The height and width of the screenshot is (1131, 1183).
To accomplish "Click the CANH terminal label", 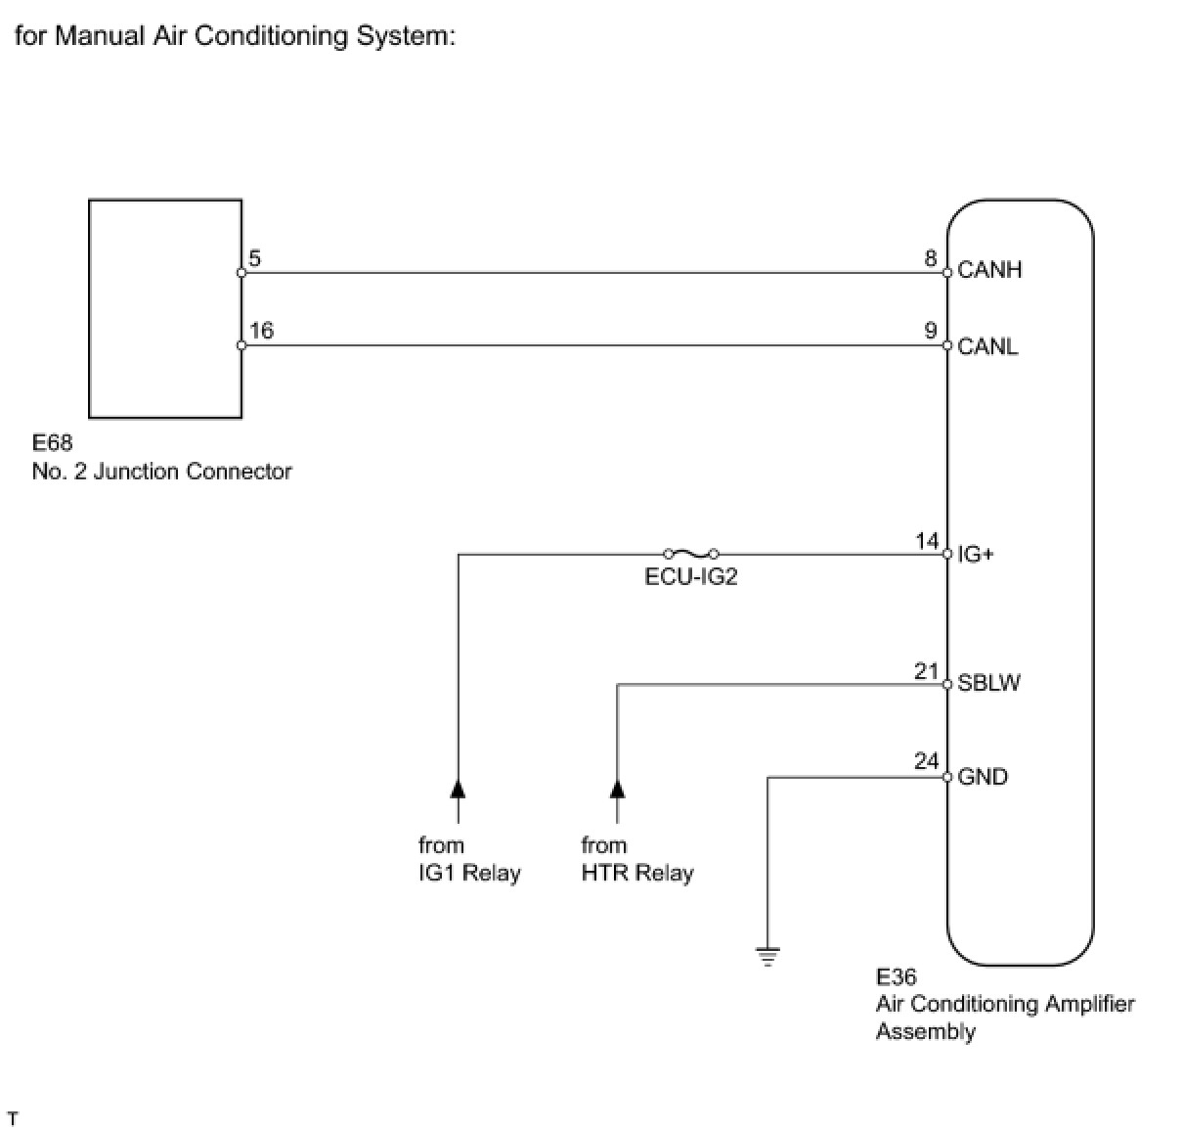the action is point(989,269).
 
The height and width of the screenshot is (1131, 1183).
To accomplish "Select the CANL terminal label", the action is point(986,346).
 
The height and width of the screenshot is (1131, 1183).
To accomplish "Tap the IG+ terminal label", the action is point(975,554).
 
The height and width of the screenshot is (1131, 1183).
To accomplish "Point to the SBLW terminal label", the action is point(988,683).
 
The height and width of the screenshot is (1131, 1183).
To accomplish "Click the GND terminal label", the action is point(983,776).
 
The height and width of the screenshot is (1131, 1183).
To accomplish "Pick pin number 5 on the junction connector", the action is point(255,258).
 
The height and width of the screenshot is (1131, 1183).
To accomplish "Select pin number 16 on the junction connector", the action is point(261,331).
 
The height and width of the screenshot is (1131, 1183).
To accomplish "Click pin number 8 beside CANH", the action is point(930,258).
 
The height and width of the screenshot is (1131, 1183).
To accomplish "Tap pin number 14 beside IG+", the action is point(927,541).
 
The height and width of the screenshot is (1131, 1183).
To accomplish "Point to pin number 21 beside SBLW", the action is point(927,671).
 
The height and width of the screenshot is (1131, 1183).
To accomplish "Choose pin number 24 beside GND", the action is point(927,761).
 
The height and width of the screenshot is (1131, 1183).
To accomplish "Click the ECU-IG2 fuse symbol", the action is point(690,554).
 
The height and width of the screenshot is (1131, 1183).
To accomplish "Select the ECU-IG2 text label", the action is point(690,577).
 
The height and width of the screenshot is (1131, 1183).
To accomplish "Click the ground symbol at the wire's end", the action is point(767,956).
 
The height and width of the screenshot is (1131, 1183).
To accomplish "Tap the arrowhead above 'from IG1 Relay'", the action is point(458,788).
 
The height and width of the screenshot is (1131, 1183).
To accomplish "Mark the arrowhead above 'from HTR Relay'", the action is point(617,788).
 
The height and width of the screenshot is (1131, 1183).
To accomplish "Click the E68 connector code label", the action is point(52,442).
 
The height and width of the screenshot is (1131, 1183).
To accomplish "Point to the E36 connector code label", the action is point(896,976).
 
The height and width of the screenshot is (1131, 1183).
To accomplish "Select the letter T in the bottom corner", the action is point(13,1118).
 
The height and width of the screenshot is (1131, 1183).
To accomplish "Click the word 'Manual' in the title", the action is point(100,36).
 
